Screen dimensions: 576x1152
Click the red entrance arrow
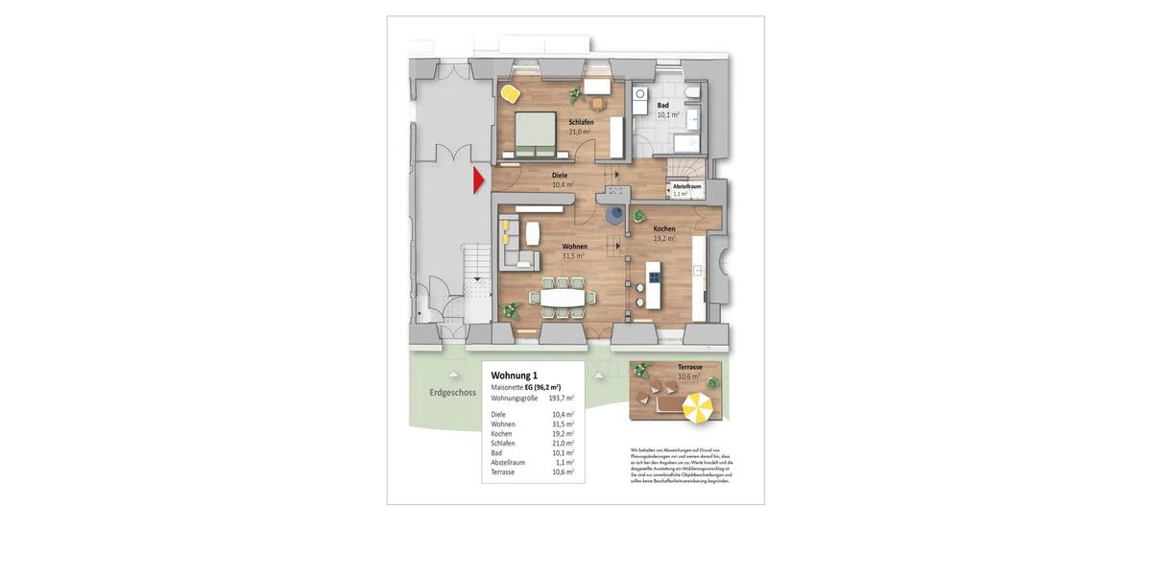[479, 180]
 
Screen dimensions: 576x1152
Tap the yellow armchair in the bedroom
[510, 93]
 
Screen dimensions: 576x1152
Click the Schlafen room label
[581, 123]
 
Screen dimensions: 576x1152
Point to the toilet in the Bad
[692, 93]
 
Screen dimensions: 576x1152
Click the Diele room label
[560, 176]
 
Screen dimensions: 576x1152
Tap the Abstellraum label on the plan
[686, 186]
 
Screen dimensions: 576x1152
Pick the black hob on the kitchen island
[654, 278]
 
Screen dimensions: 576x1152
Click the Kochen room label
[664, 229]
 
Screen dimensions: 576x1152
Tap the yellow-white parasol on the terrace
[697, 408]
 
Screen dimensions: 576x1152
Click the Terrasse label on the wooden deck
[689, 367]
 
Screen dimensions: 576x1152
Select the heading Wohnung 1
[515, 375]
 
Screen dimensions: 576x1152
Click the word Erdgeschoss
[453, 393]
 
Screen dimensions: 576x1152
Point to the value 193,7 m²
[561, 397]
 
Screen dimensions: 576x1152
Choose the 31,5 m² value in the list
[563, 424]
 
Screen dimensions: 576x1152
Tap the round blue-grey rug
[614, 216]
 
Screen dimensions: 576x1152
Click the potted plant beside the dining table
[511, 309]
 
